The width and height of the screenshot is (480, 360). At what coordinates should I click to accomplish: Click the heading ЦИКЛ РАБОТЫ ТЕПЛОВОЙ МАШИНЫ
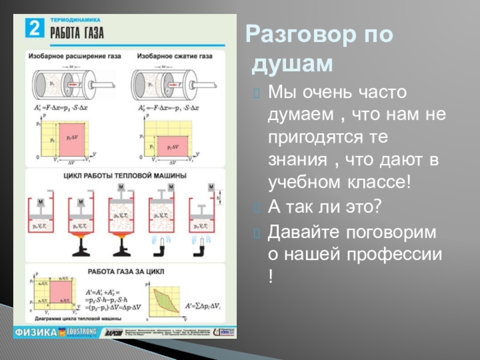pos(125,175)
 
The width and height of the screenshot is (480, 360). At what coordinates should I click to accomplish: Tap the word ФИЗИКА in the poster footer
pos(36,331)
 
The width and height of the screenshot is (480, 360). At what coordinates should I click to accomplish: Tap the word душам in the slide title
pos(292,63)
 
